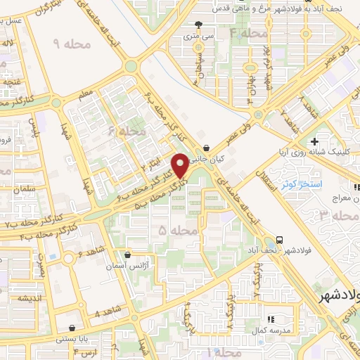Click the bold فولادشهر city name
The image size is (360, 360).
pos(337,297)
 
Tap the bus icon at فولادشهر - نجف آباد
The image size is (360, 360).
pos(280,239)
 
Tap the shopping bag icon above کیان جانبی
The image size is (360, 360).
pos(205,148)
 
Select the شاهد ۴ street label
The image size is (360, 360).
pos(107,312)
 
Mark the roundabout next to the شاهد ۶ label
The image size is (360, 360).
pos(69,259)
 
